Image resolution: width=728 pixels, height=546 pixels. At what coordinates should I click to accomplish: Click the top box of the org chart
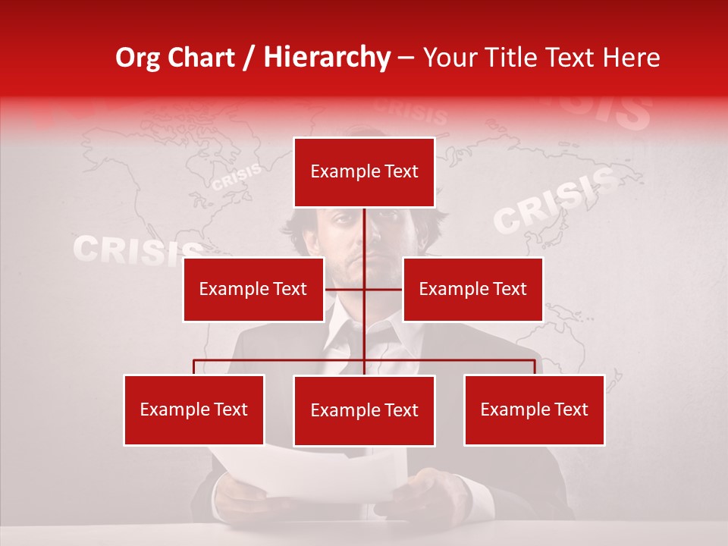pyautogui.click(x=364, y=172)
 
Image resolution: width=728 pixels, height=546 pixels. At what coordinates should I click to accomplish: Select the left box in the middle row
pyautogui.click(x=253, y=289)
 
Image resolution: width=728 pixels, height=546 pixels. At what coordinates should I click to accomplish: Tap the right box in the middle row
pyautogui.click(x=472, y=289)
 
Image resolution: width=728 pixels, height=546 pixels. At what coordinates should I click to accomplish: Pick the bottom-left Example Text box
pyautogui.click(x=194, y=409)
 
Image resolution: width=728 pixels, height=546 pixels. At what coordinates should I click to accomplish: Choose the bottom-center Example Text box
pyautogui.click(x=364, y=410)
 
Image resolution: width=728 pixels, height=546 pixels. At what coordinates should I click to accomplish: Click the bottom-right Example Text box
pyautogui.click(x=534, y=409)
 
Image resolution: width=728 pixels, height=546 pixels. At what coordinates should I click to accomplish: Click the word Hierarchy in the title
pyautogui.click(x=327, y=58)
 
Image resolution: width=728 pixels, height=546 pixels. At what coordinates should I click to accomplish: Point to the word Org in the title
pyautogui.click(x=140, y=58)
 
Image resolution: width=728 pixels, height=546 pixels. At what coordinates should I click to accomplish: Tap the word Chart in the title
pyautogui.click(x=203, y=58)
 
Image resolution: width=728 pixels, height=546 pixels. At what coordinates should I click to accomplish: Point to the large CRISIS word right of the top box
pyautogui.click(x=554, y=201)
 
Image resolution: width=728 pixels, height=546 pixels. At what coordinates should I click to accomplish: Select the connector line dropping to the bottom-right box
pyautogui.click(x=535, y=366)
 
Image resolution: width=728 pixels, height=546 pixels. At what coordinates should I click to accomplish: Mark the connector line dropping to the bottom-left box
pyautogui.click(x=194, y=366)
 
